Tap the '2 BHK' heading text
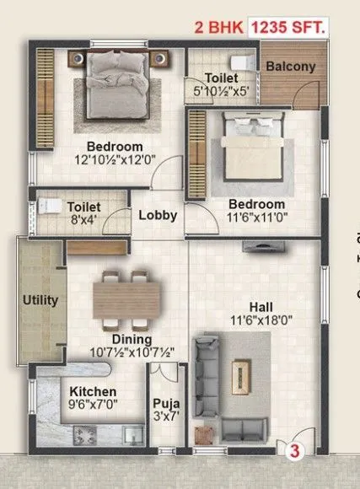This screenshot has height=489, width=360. pyautogui.click(x=218, y=28)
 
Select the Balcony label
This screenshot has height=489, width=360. pyautogui.click(x=292, y=67)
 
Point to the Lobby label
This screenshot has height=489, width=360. pyautogui.click(x=158, y=215)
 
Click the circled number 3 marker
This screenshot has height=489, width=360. pyautogui.click(x=296, y=451)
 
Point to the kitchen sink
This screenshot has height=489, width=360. pyautogui.click(x=131, y=435)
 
